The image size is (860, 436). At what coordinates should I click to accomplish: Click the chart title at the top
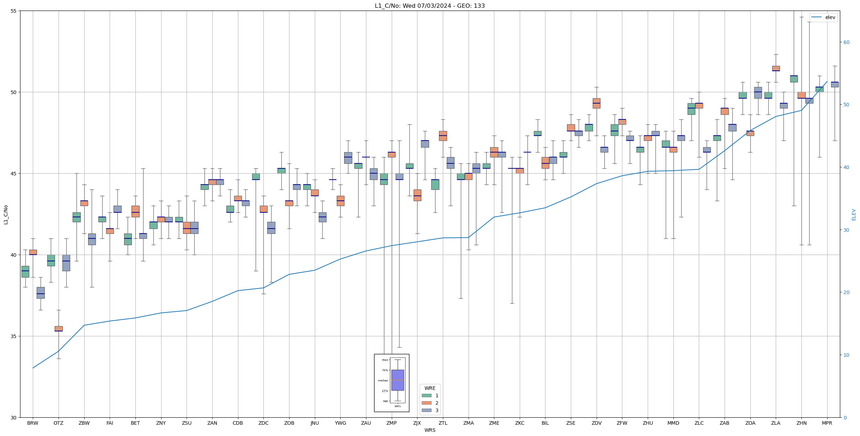[429, 6]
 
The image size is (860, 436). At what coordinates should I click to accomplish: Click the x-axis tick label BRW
[33, 423]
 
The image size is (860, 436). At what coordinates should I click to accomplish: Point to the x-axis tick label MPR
[827, 423]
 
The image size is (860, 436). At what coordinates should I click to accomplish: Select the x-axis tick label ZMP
[391, 423]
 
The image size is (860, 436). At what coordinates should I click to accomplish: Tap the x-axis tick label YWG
[340, 423]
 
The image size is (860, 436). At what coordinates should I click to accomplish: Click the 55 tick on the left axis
[14, 11]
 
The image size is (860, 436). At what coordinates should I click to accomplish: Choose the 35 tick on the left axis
[14, 336]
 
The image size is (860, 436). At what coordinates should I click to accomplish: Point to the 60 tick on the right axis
[846, 42]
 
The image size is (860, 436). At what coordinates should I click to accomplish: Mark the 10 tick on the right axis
[846, 355]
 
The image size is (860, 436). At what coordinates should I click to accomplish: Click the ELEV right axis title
[854, 214]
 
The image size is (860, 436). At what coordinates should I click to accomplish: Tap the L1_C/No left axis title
[6, 214]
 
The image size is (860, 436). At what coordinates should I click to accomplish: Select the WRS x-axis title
[429, 430]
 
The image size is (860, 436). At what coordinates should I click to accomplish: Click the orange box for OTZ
[59, 329]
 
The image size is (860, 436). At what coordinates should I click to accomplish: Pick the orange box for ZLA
[776, 68]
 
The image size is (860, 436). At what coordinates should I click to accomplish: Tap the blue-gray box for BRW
[41, 293]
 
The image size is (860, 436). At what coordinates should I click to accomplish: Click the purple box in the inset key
[397, 380]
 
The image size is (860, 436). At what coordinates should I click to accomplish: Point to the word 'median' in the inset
[383, 380]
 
